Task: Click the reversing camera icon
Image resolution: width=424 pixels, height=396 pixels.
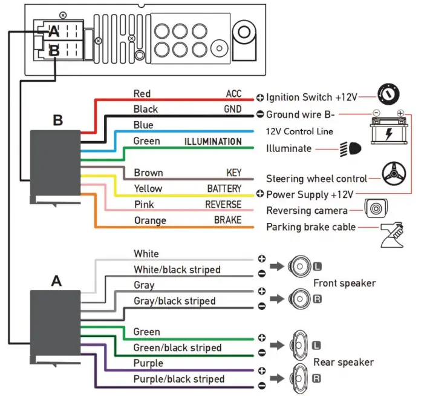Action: point(374,209)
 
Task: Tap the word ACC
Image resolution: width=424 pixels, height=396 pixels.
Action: point(233,94)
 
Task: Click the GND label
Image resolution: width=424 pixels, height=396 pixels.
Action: point(232,110)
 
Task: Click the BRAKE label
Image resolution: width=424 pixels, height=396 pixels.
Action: point(227,220)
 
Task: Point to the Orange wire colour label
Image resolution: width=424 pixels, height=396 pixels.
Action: point(150,220)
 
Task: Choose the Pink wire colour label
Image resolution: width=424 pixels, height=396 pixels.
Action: point(144,205)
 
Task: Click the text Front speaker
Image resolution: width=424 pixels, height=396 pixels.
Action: point(344,283)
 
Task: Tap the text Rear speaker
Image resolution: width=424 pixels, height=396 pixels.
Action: point(343,362)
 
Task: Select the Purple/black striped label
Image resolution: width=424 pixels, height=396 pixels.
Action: point(178,379)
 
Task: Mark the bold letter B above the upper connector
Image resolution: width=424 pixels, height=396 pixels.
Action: point(57,120)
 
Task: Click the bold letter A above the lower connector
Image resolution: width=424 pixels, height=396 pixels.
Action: point(56,280)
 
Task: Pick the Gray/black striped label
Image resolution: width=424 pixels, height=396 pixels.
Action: point(174,301)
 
